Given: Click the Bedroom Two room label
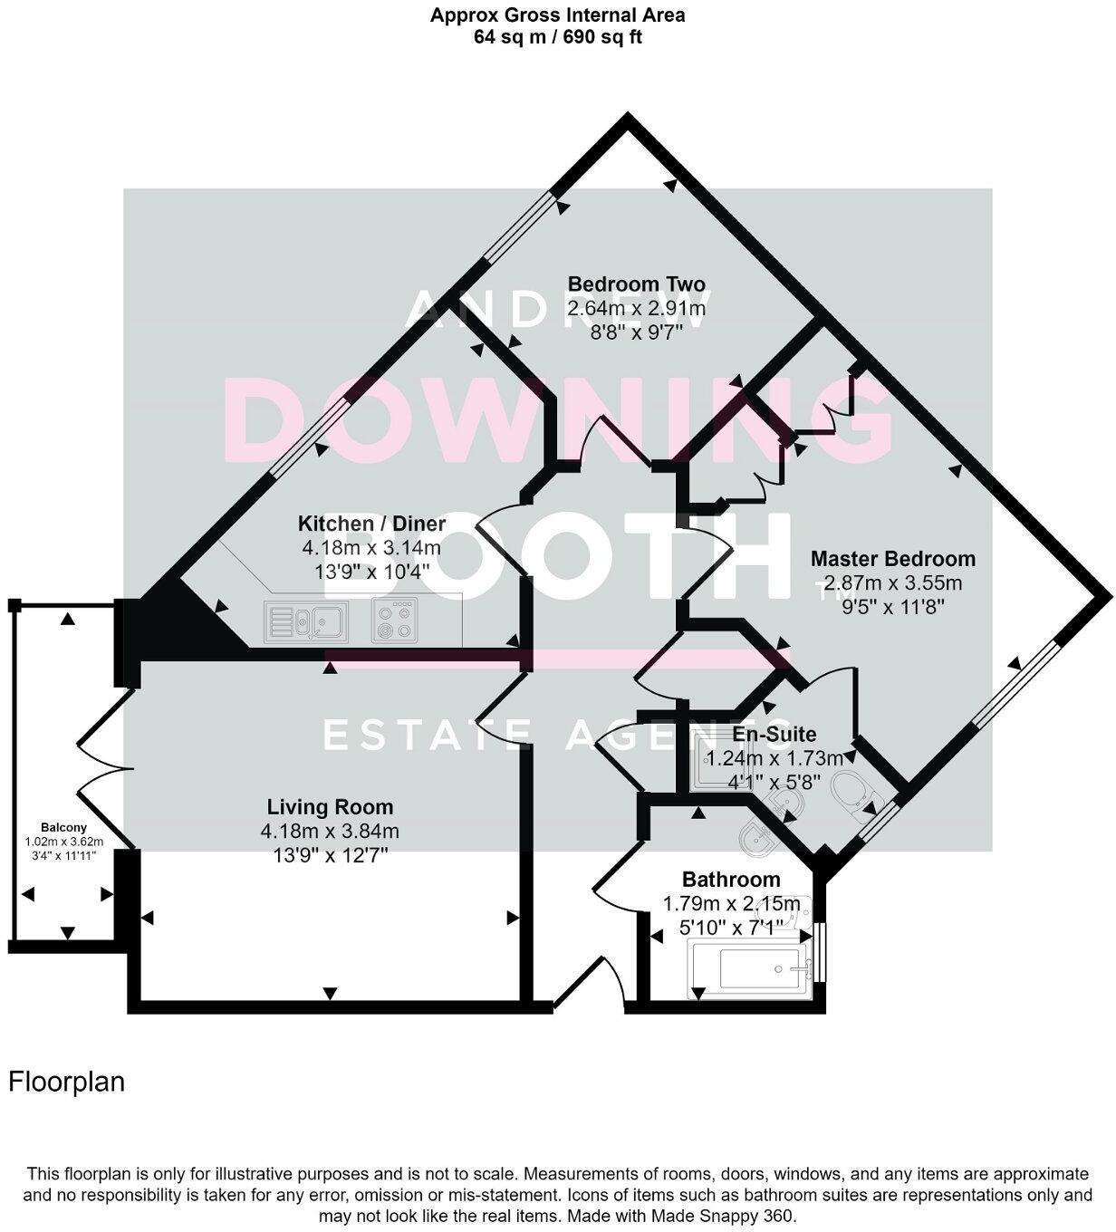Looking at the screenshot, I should pos(636,284).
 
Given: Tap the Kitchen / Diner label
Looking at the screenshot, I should pos(371,524).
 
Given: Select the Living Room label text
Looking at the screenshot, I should pos(330,806).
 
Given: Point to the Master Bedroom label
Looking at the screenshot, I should pos(892,559).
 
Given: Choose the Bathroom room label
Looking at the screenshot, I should pos(731,879).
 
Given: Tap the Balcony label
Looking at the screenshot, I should pos(64,827).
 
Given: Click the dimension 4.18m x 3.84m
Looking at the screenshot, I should pos(330,831).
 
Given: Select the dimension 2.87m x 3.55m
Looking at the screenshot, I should pos(892,582).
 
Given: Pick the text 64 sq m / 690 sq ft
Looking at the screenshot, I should pos(557,37).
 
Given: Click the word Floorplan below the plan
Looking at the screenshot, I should pos(66,1082).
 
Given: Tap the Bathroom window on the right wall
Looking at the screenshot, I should pos(819,951).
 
